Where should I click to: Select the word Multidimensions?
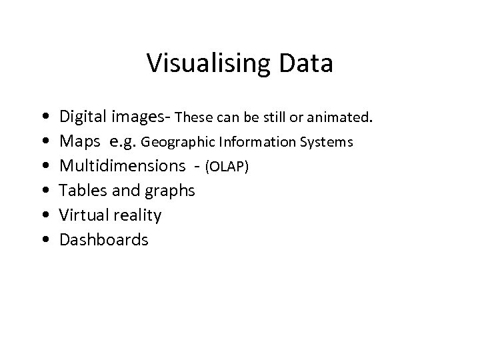pos(123,166)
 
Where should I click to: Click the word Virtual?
pos(81,215)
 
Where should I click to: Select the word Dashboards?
pos(104,239)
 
